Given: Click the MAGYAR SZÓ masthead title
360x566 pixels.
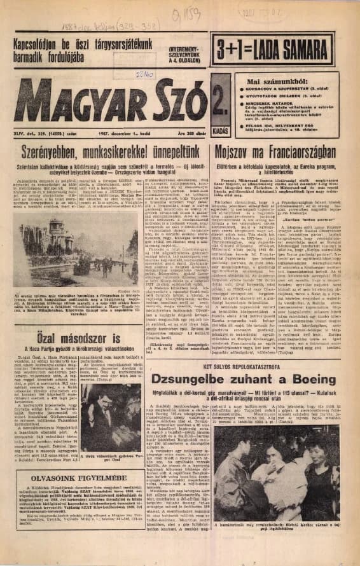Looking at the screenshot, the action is coord(111,101).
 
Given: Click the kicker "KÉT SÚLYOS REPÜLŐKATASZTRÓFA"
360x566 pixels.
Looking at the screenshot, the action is coord(248,367).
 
